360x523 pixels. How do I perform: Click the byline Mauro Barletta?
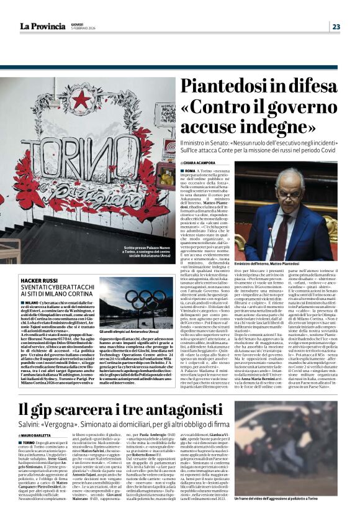(x=38, y=417)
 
